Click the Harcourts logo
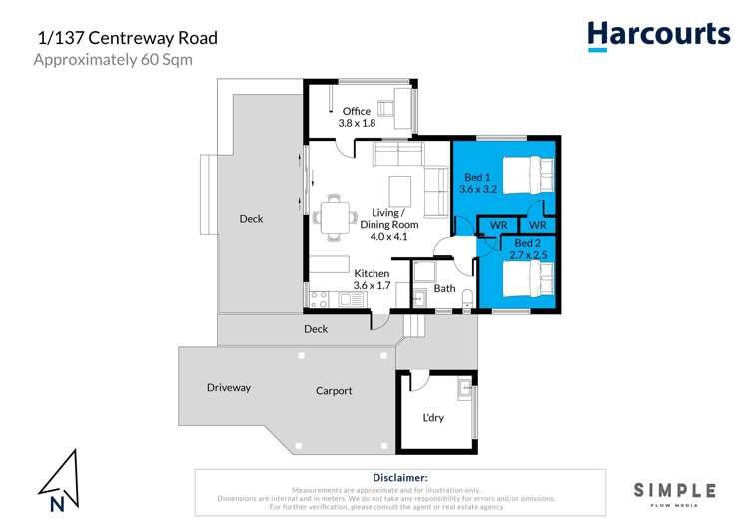coord(658,35)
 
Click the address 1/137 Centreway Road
coord(127,38)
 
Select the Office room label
coord(357,111)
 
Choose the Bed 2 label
coord(530,243)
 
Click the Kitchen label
coord(372,273)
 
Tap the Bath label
coord(444,289)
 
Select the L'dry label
coord(434,417)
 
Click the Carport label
coord(334,391)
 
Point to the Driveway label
coord(229,387)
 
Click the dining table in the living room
coord(336,216)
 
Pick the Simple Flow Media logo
coord(675,492)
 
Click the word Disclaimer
coord(399,478)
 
